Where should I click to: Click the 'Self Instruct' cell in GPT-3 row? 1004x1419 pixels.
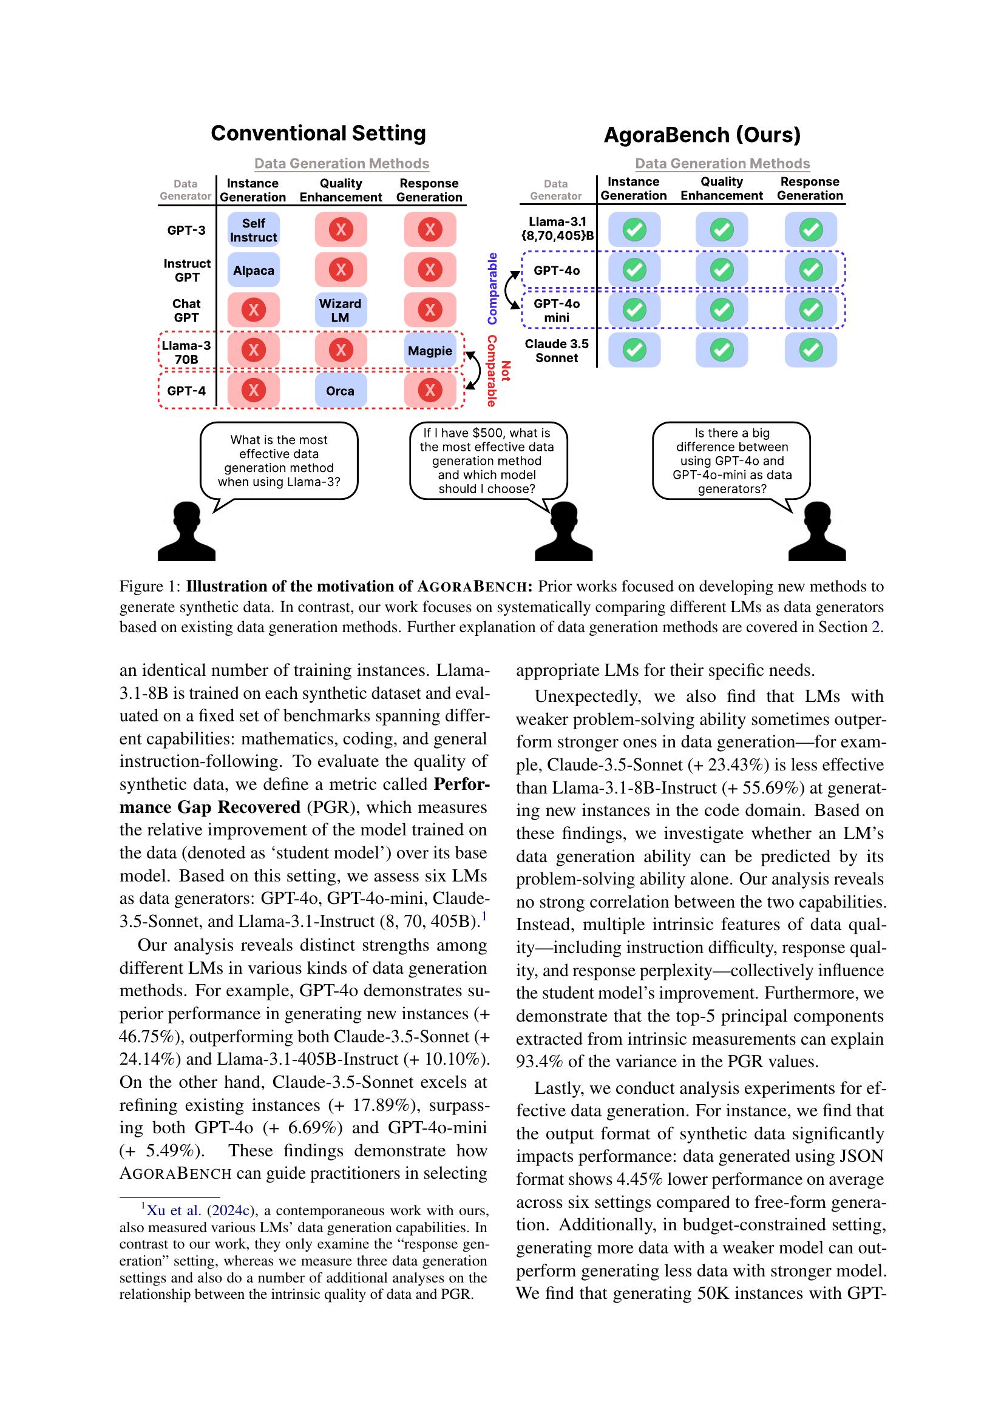[x=254, y=230]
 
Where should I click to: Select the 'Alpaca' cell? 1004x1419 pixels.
[x=254, y=270]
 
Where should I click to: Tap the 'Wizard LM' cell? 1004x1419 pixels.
[x=340, y=310]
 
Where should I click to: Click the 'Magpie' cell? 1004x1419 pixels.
[x=430, y=351]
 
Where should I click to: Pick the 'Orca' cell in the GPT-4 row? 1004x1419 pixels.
[x=340, y=391]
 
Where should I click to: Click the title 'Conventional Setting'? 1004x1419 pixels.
[x=319, y=133]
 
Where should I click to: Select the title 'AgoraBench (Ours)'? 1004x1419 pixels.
[x=702, y=135]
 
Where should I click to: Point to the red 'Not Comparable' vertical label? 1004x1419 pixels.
[x=498, y=371]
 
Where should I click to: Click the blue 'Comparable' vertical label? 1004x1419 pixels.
[x=493, y=289]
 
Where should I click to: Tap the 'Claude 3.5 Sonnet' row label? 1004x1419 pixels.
[x=557, y=351]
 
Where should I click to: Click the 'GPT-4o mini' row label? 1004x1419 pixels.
[x=557, y=310]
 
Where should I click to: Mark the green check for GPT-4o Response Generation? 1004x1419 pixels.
[x=810, y=270]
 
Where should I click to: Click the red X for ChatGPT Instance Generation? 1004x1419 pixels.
[x=254, y=310]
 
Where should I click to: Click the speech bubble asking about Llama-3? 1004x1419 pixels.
[x=279, y=461]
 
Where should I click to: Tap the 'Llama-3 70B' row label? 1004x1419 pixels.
[x=186, y=352]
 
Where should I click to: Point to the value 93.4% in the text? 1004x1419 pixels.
[x=539, y=1062]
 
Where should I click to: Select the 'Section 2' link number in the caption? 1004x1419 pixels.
[x=875, y=627]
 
